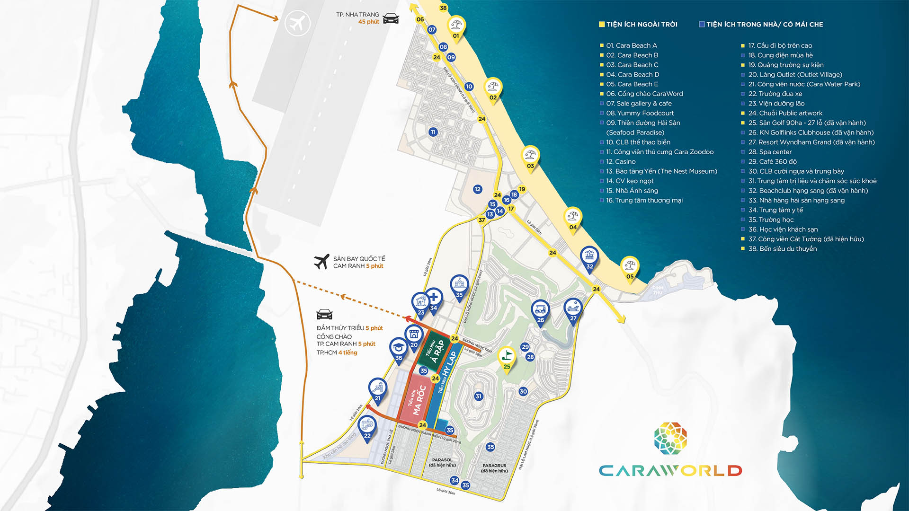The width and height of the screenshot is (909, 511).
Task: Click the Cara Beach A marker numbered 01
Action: pos(456,28)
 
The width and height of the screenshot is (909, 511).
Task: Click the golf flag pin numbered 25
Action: pos(507,359)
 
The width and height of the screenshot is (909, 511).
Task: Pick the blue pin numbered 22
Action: pos(367,428)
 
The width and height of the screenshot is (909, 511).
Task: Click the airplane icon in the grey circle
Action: pos(297,23)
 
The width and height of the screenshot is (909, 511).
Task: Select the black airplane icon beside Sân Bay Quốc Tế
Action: pos(322,261)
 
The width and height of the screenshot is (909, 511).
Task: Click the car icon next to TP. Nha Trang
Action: pos(391,19)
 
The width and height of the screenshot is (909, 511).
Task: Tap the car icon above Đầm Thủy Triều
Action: pos(324,314)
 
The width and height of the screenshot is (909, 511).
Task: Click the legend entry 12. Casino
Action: pos(621,162)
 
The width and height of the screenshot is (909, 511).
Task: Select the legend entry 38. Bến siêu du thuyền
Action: pos(782,249)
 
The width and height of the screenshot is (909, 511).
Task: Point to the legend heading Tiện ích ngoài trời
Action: pos(641,24)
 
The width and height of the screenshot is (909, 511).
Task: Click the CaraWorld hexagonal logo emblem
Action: pos(670,439)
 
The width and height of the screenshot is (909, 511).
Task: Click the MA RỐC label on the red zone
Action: pos(418,400)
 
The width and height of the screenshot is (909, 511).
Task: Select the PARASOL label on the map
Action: pos(442,460)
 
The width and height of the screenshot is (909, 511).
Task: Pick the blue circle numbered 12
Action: pos(477,189)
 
